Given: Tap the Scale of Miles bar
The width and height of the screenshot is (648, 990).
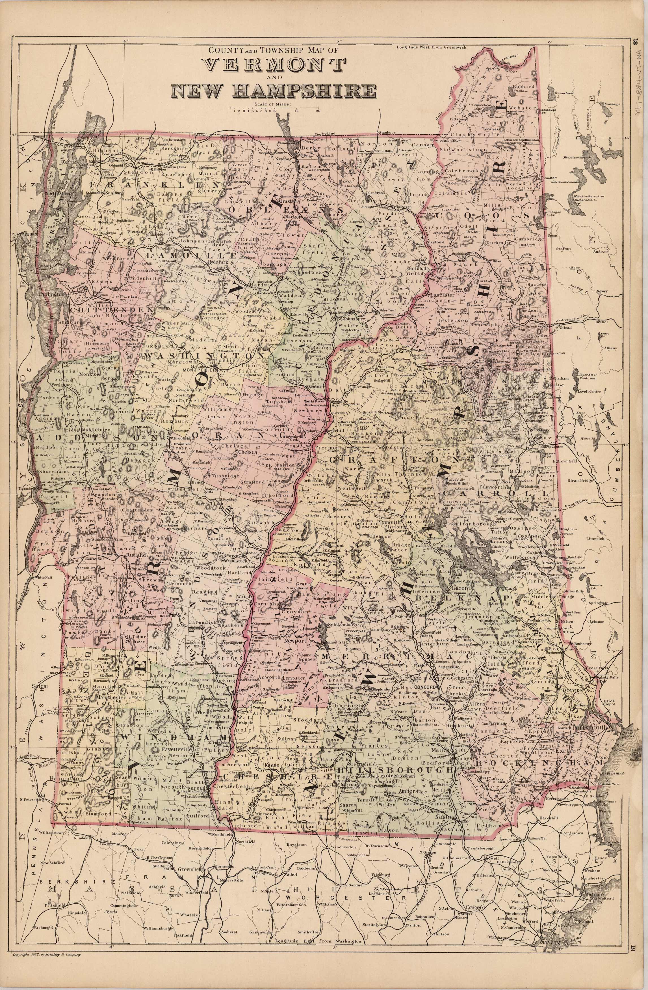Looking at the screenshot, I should [274, 109].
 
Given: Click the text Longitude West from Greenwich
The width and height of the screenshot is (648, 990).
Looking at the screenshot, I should [432, 47].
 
